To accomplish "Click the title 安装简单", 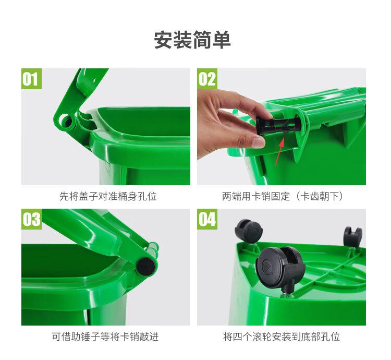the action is click(192, 40).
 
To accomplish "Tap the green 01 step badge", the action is click(31, 79).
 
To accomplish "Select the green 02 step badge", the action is click(207, 79).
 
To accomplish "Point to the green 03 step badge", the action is click(31, 219).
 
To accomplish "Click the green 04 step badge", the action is click(207, 219).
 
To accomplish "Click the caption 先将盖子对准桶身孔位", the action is click(108, 196).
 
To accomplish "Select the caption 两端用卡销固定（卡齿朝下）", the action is click(283, 196).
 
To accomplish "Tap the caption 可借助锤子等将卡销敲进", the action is click(105, 337).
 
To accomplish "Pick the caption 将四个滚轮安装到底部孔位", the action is click(282, 337).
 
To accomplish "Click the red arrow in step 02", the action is click(279, 152).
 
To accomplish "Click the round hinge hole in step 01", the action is click(66, 121).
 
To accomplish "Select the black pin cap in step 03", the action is click(146, 267).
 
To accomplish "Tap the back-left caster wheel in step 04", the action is click(249, 231).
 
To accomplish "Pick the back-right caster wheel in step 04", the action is click(352, 236).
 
